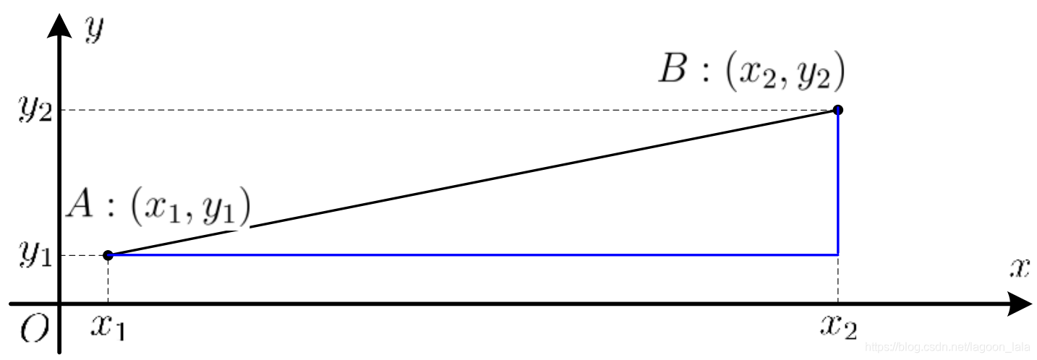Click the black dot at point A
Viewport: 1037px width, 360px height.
point(108,255)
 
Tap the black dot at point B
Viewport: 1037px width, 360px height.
point(837,110)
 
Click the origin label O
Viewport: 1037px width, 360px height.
point(34,330)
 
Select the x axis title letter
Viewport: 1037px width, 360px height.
point(1019,268)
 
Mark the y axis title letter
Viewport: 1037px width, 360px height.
point(92,30)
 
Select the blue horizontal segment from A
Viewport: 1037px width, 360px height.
point(470,255)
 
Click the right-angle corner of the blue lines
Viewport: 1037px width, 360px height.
point(837,255)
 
